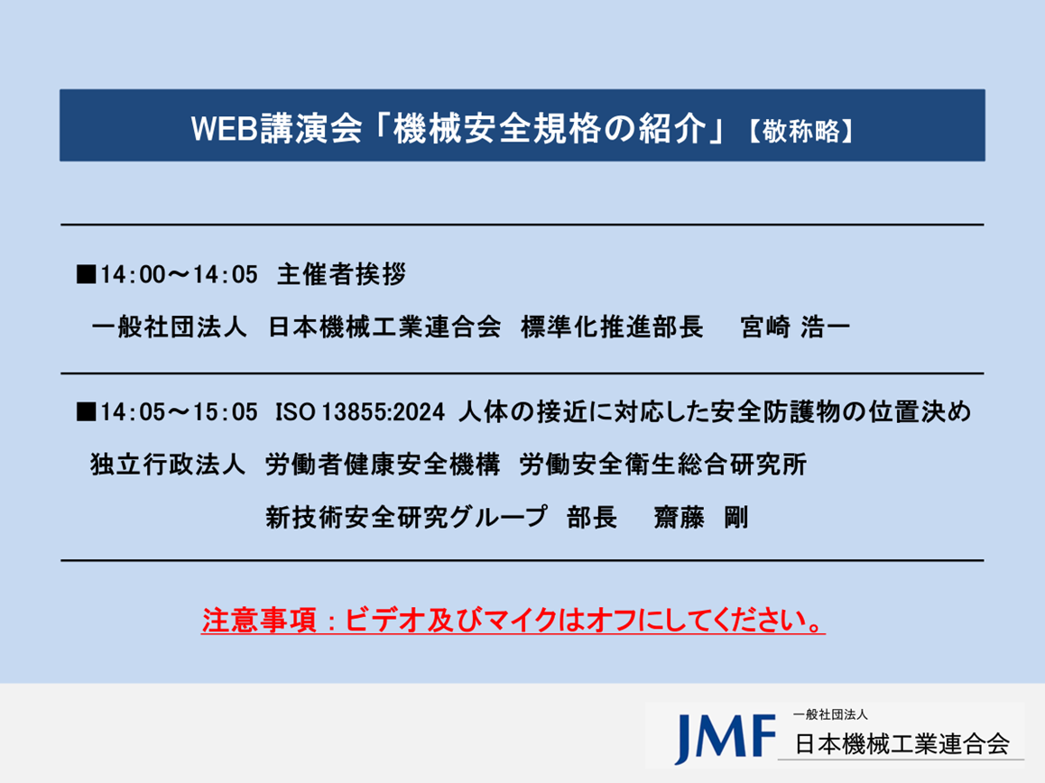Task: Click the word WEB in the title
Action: (224, 128)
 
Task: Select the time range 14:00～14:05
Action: (179, 274)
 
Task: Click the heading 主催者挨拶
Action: (341, 274)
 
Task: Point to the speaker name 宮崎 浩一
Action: (794, 327)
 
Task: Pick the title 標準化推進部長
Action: (612, 327)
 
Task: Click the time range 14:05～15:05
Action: (179, 412)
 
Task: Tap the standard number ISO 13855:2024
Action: (360, 412)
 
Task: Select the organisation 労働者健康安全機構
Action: (383, 465)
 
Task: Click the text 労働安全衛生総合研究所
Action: (663, 465)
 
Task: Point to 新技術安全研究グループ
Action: (406, 517)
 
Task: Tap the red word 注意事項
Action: (259, 621)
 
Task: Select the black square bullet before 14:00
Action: (86, 274)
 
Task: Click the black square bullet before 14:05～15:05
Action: (86, 412)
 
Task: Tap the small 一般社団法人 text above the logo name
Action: (830, 714)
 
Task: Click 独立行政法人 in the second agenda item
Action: (168, 465)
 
